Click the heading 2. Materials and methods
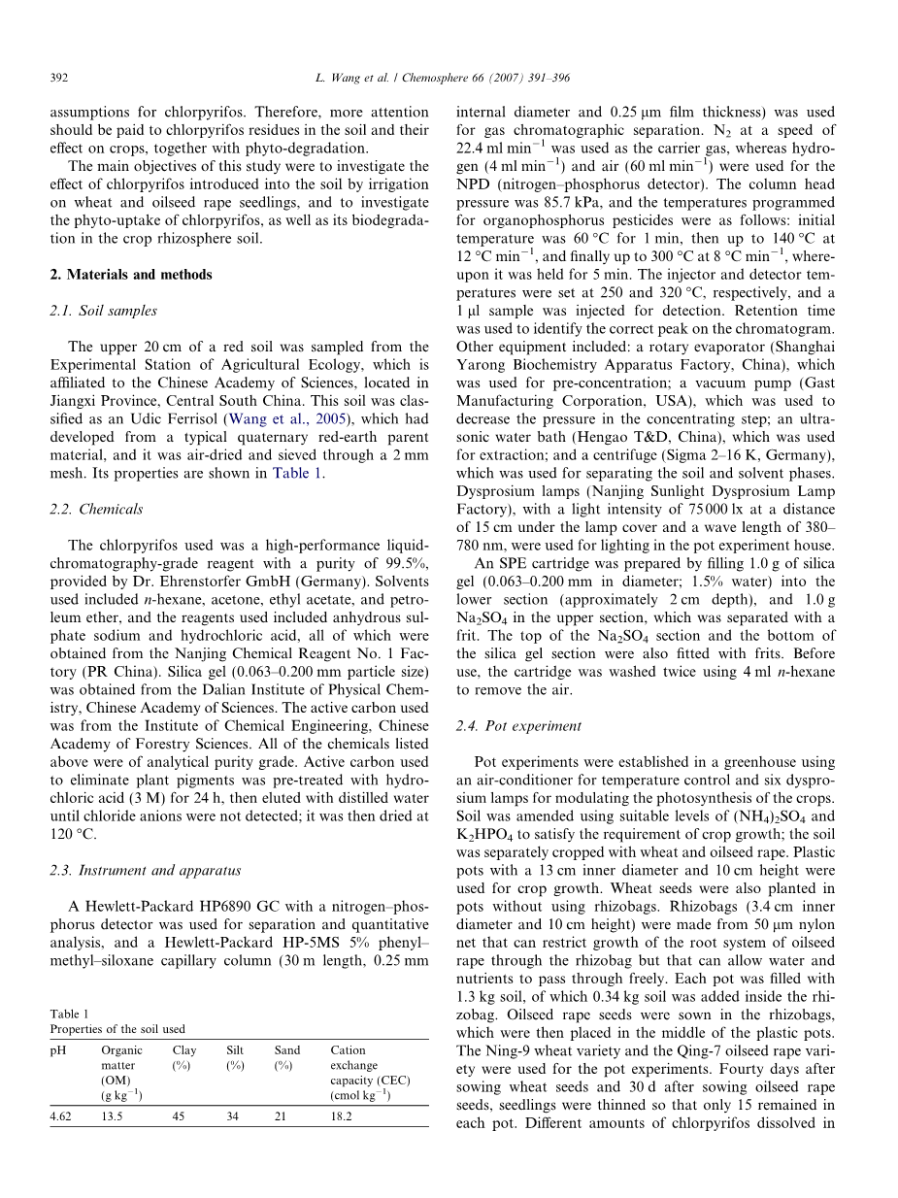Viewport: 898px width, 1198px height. click(x=130, y=275)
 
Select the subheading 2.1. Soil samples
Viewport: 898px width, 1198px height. click(x=103, y=311)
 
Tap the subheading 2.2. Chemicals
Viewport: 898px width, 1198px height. click(x=96, y=509)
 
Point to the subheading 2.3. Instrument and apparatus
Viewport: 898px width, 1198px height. click(x=146, y=870)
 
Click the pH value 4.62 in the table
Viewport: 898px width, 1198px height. click(x=63, y=1117)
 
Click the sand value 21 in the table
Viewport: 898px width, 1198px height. click(x=282, y=1117)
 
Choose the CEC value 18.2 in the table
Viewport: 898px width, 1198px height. click(x=342, y=1117)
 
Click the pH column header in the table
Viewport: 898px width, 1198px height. click(x=57, y=1050)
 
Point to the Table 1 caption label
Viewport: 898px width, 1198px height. click(x=69, y=1014)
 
